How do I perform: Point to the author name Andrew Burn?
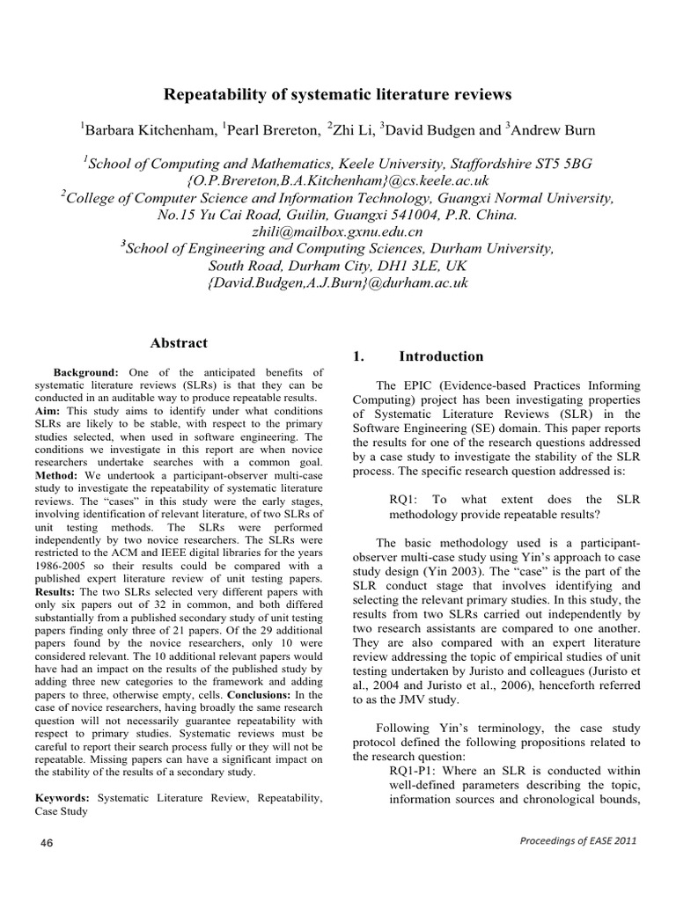(553, 131)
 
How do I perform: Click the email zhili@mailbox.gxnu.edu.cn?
(338, 231)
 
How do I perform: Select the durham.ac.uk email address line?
(338, 282)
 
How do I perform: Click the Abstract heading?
(179, 343)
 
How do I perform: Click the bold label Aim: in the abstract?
(49, 411)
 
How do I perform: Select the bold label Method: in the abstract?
(57, 475)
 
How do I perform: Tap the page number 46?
(48, 844)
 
